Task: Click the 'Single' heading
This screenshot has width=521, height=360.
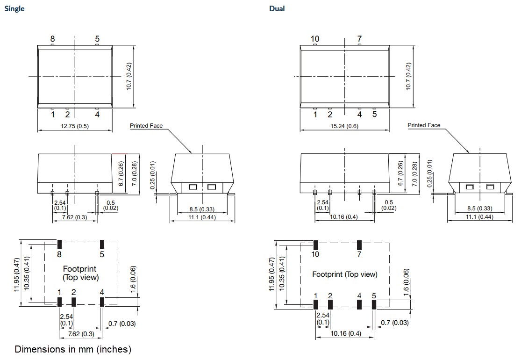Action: tap(14, 8)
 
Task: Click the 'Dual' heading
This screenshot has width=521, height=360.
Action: tap(277, 8)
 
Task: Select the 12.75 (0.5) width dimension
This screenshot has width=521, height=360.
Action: tap(74, 126)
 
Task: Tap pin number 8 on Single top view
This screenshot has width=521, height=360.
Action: tap(52, 39)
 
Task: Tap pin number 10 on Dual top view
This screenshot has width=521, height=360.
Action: tap(315, 39)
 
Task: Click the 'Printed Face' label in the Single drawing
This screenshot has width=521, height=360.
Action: tap(146, 126)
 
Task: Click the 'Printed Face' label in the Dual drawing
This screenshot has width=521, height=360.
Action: tap(423, 125)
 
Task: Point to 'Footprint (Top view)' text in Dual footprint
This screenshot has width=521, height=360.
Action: tap(344, 274)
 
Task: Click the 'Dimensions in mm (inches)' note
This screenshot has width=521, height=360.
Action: tap(73, 349)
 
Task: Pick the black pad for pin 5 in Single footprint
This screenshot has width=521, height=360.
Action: tap(102, 245)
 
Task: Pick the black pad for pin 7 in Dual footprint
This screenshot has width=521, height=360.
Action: tap(359, 245)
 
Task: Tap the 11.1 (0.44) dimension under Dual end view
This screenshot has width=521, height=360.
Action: tap(478, 217)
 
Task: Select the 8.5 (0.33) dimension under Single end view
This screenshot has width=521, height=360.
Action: tap(202, 209)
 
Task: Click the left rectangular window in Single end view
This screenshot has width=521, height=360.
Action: tap(192, 187)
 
